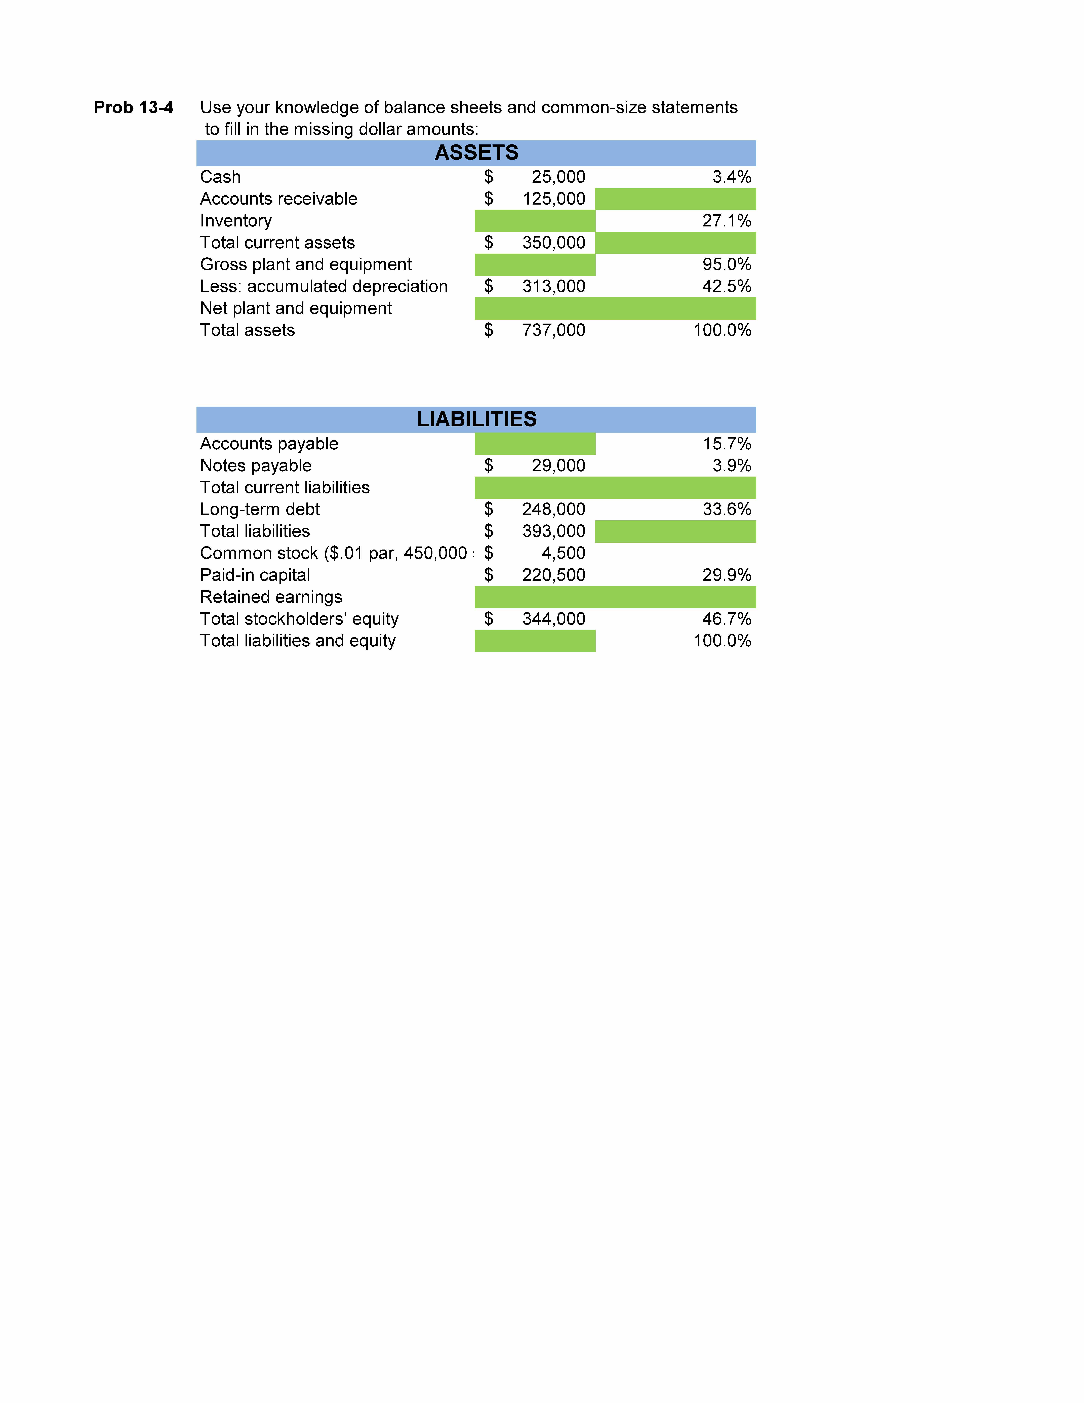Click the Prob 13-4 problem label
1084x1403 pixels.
pos(134,107)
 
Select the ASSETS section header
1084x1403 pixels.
pos(476,153)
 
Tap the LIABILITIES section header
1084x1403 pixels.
pos(476,419)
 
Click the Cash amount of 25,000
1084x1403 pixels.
pos(558,177)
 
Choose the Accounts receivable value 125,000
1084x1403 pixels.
pos(554,199)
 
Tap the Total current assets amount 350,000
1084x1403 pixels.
pos(554,243)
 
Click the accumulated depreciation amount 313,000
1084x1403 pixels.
pos(554,287)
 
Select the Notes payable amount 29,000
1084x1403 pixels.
pos(558,466)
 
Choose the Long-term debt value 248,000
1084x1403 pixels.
pos(554,509)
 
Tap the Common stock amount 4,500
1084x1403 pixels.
pos(563,553)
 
